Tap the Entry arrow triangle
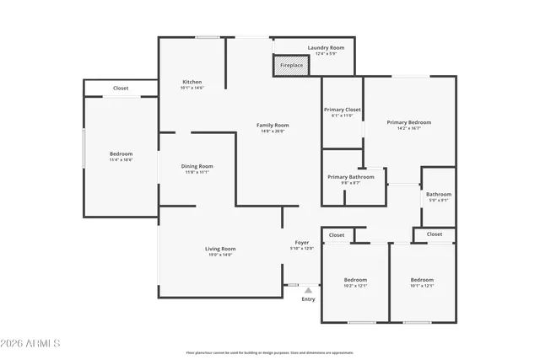click(308, 290)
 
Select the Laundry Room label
click(326, 48)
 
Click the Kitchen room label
click(192, 82)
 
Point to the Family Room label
click(273, 125)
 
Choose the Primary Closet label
click(343, 110)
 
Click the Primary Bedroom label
click(409, 122)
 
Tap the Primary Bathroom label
click(351, 177)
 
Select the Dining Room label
click(197, 166)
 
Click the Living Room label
click(220, 249)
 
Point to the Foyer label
click(302, 243)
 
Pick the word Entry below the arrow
click(308, 299)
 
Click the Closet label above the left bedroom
click(121, 88)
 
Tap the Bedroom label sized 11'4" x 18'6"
click(121, 154)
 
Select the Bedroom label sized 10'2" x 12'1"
click(355, 280)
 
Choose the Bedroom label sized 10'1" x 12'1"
click(422, 280)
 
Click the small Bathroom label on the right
click(439, 195)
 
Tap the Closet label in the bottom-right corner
click(435, 234)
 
